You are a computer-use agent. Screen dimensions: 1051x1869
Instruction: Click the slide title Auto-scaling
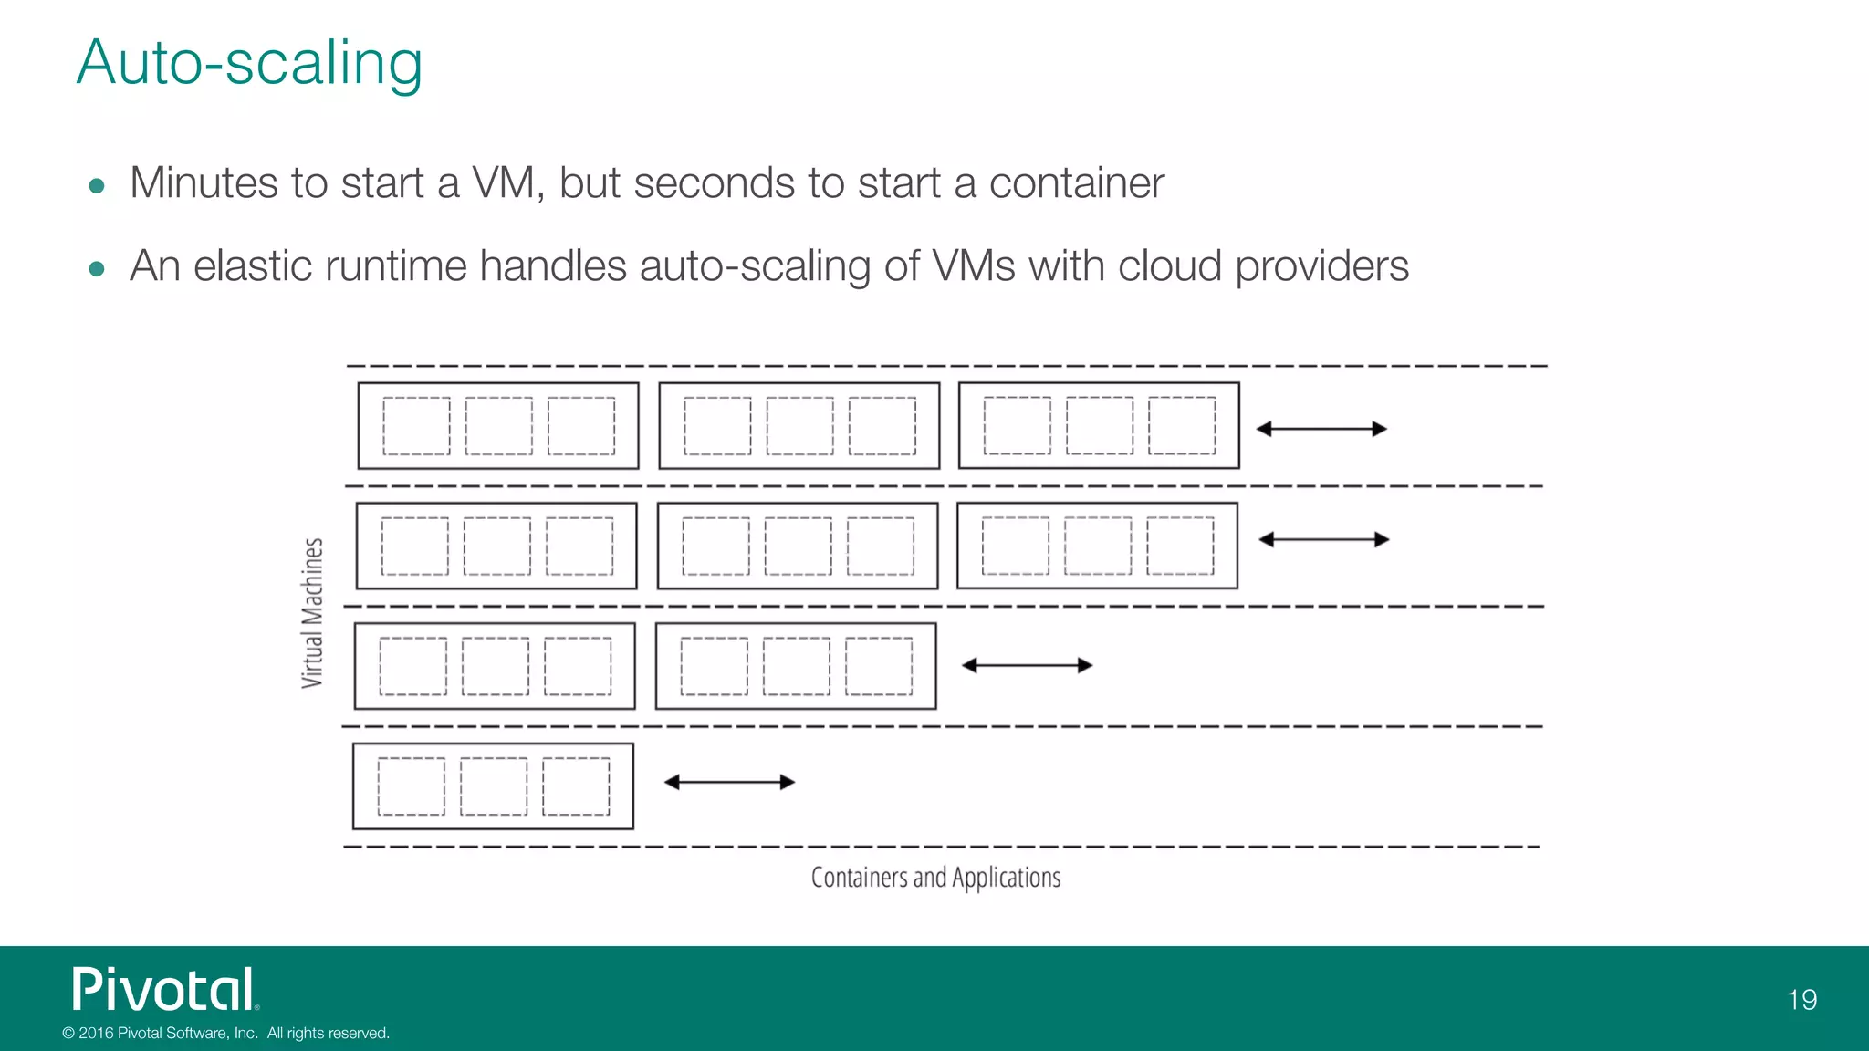249,63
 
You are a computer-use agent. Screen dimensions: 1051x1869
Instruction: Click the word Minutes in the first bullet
203,182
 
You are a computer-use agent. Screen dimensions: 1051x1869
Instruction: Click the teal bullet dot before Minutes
97,186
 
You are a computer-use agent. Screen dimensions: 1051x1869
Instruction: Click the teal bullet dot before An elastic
97,269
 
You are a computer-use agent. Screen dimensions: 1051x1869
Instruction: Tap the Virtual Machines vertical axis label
312,612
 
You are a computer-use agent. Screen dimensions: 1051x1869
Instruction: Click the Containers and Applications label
935,878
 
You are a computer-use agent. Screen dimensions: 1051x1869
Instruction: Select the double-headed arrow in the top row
1321,429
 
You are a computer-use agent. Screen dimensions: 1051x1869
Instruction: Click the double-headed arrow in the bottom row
729,782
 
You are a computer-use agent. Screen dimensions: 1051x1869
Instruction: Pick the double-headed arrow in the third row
1027,665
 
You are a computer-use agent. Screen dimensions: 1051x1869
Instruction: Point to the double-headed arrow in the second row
1323,540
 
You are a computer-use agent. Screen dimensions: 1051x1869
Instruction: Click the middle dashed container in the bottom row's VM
494,786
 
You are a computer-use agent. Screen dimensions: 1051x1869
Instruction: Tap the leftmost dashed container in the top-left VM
416,426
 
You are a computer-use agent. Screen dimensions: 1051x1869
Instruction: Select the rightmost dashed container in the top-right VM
1181,425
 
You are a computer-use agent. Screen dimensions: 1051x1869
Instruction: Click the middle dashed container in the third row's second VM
796,666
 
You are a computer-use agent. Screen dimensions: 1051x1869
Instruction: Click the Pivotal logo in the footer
165,990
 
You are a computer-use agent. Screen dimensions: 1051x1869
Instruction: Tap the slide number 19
1801,1000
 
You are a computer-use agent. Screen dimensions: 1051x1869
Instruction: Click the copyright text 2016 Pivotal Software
225,1033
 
